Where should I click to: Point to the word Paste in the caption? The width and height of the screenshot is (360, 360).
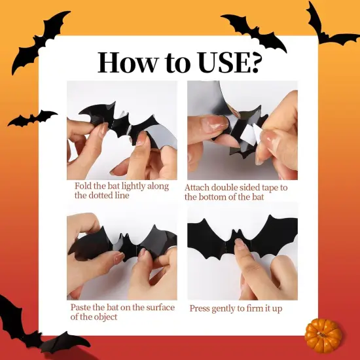[x=82, y=306]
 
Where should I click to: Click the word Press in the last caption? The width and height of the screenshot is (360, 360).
[x=201, y=307]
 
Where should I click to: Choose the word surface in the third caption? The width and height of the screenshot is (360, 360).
[x=156, y=306]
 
